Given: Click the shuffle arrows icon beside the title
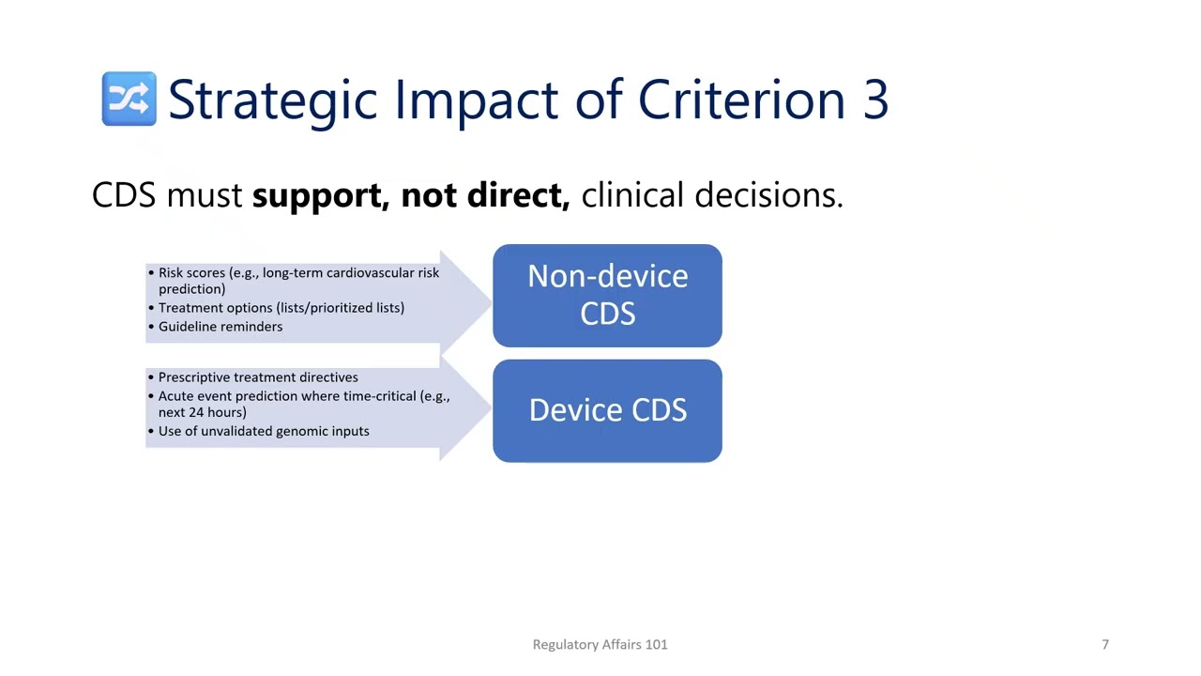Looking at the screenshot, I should point(129,99).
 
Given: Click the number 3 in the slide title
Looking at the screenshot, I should point(874,100).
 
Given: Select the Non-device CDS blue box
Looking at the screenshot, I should point(607,296).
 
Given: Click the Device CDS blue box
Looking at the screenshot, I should point(607,411).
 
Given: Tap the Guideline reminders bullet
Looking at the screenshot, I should point(220,327).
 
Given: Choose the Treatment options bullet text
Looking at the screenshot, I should point(281,308).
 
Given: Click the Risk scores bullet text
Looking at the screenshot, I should point(297,273).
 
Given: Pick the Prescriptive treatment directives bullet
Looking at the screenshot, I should point(257,377).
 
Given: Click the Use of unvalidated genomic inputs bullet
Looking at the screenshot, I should point(263,431).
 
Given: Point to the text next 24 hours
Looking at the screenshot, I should point(202,412).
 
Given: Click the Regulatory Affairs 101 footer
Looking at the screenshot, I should point(600,644).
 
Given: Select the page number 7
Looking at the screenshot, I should point(1104,644).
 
